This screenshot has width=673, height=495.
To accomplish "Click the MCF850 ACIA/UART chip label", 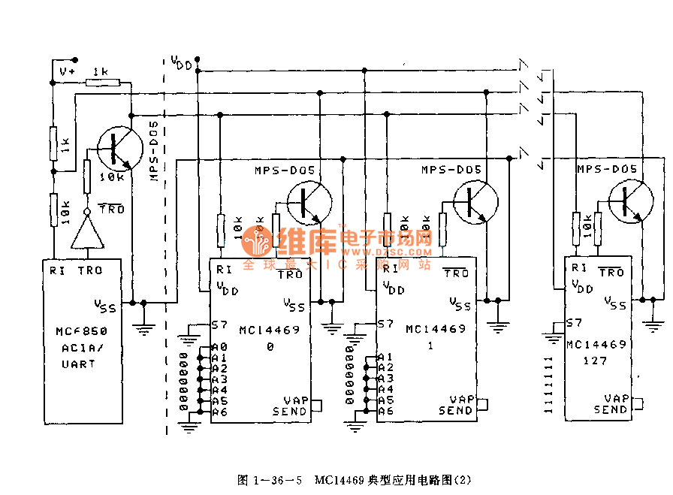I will pos(81,347).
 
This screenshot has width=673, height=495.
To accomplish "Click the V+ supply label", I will pos(67,71).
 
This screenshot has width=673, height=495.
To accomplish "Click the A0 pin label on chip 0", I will pos(219,347).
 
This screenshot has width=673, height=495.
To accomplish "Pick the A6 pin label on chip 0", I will pos(219,412).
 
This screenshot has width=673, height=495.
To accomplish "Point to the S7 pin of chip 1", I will pos(385,324).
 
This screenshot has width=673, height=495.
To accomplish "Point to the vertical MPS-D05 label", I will pos(155,150).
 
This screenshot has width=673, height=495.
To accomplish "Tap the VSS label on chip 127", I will pos(616,302).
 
